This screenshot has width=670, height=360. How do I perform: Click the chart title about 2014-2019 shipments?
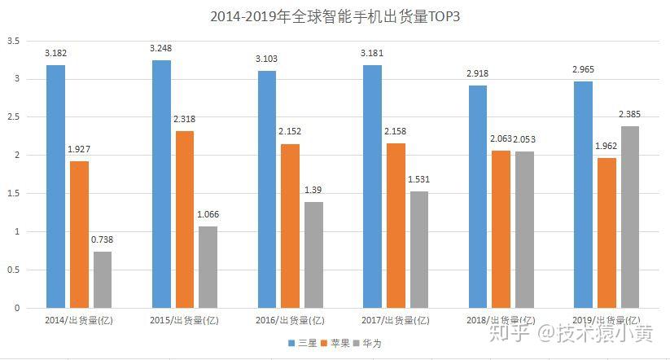pyautogui.click(x=335, y=15)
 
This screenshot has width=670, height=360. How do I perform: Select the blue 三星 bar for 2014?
pyautogui.click(x=55, y=187)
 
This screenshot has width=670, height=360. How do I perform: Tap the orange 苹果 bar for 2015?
pyautogui.click(x=184, y=219)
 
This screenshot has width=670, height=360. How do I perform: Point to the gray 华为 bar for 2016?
pyautogui.click(x=313, y=255)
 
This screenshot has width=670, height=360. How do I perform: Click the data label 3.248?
pyautogui.click(x=161, y=49)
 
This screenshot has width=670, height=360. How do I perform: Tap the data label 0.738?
pyautogui.click(x=103, y=240)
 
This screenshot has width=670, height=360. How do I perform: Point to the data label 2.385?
pyautogui.click(x=629, y=115)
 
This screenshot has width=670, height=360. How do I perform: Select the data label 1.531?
pyautogui.click(x=419, y=180)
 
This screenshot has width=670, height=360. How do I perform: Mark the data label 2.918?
pyautogui.click(x=478, y=74)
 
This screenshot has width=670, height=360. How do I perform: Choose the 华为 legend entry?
pyautogui.click(x=368, y=343)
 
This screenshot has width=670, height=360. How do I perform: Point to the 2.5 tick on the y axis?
pyautogui.click(x=12, y=117)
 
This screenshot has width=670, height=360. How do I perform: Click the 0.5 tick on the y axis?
pyautogui.click(x=12, y=270)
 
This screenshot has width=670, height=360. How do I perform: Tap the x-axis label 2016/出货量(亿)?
pyautogui.click(x=290, y=320)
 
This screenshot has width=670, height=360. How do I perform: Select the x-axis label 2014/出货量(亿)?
pyautogui.click(x=79, y=320)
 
